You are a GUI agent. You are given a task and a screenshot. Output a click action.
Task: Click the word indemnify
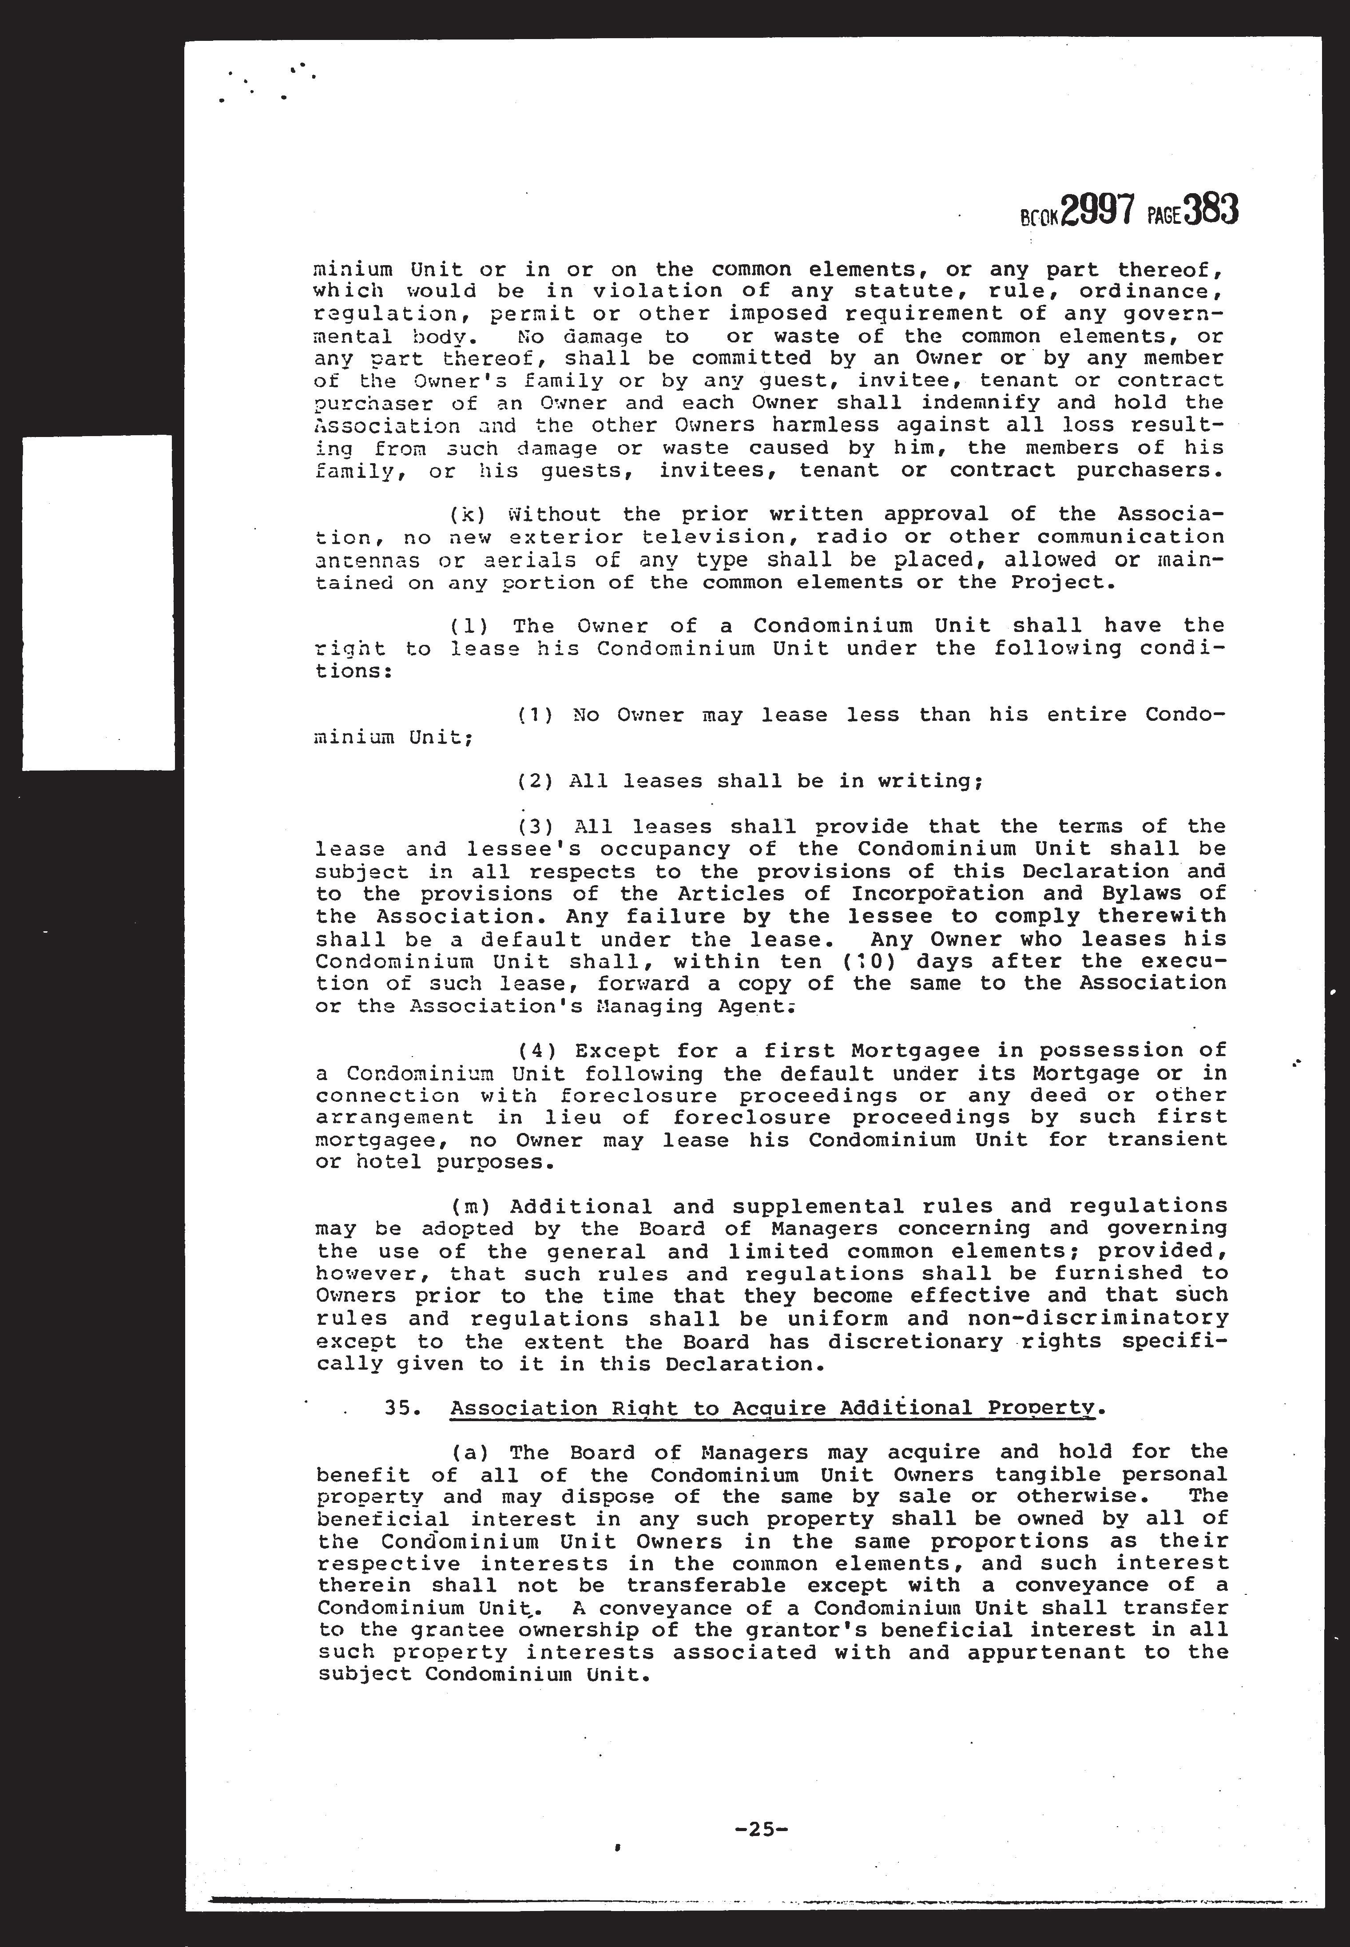coord(1007,403)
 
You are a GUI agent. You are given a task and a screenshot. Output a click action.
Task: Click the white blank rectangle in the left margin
coord(98,602)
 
